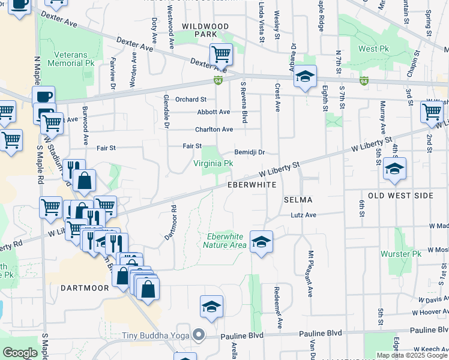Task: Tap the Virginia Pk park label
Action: click(213, 163)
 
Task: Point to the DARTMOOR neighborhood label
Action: click(85, 288)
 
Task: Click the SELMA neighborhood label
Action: click(298, 199)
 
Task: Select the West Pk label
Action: click(375, 49)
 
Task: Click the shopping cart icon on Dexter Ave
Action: click(221, 55)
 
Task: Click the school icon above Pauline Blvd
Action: click(211, 307)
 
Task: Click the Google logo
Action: click(20, 353)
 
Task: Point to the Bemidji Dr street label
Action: click(250, 153)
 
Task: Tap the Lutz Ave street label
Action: click(303, 215)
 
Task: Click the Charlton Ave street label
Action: click(214, 130)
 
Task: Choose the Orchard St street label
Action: click(191, 100)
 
